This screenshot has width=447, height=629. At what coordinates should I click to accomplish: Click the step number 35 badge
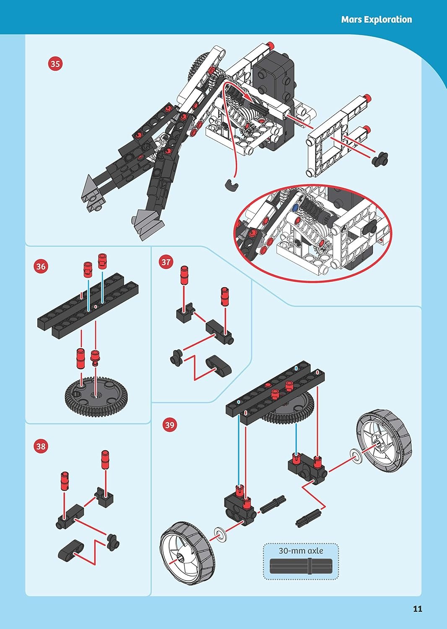(x=55, y=64)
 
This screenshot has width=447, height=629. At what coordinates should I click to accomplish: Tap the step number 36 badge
(x=41, y=266)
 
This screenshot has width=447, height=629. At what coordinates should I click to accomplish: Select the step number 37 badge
(x=166, y=262)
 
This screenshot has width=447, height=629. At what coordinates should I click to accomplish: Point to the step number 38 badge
(x=41, y=446)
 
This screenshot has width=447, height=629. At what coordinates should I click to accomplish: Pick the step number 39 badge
(x=169, y=424)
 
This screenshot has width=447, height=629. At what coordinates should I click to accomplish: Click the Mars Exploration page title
(x=377, y=19)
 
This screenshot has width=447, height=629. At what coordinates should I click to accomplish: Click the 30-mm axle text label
(x=301, y=551)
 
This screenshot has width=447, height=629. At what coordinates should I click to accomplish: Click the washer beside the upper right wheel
(x=356, y=457)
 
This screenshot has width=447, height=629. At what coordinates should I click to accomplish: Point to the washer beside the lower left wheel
(x=220, y=535)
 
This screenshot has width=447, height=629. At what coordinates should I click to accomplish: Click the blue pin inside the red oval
(x=295, y=208)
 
